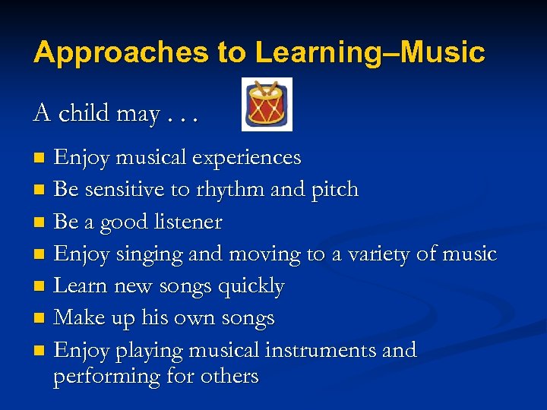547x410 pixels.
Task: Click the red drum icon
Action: click(267, 104)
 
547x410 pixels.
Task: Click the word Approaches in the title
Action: click(122, 52)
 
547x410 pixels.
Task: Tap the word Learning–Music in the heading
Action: click(370, 52)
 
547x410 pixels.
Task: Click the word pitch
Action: click(334, 189)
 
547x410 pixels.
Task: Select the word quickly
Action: click(251, 286)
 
